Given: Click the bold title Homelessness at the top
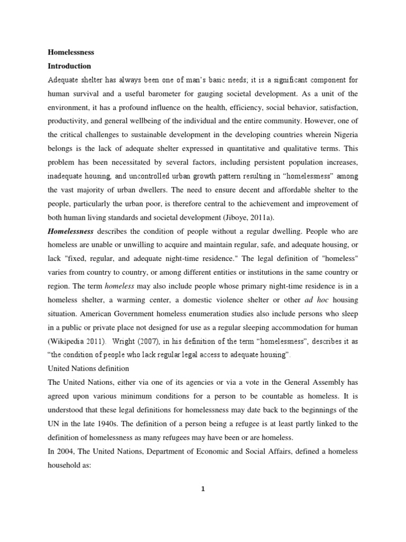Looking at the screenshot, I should (x=71, y=53).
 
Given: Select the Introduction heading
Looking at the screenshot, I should (x=70, y=66).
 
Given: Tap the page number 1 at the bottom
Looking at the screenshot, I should (x=202, y=490).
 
